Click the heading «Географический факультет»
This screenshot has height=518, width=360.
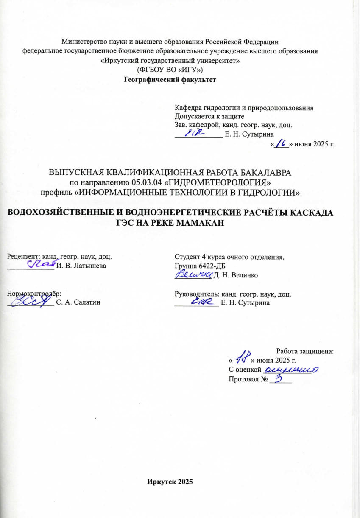click(170, 79)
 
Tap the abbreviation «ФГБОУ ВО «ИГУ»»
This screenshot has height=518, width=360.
click(170, 70)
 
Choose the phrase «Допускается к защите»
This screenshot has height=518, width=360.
click(209, 116)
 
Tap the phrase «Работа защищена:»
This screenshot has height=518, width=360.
click(305, 351)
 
